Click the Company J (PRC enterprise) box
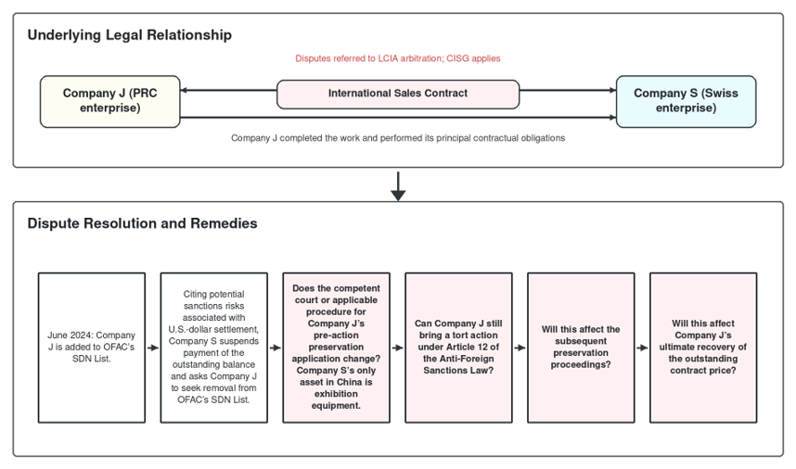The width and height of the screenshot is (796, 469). pos(110,101)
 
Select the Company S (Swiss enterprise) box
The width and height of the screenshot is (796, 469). pos(686,101)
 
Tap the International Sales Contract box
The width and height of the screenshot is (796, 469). pos(398,94)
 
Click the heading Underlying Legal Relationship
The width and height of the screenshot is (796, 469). pos(130,35)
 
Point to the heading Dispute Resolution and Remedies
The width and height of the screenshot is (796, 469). pos(142,223)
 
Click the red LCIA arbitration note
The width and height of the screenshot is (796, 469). pos(398,58)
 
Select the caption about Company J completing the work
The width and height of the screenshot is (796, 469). pos(398,138)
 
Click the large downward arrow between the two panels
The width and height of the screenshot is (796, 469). pos(398,186)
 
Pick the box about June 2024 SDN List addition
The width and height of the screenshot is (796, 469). pos(91,348)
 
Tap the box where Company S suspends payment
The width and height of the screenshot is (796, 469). pos(213,348)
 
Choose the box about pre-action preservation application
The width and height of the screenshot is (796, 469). pos(336,348)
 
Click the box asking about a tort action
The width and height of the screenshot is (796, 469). pos(458,348)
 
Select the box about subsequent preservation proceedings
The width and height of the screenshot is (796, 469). pos(581,348)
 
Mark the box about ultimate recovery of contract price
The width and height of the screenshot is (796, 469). pos(703,348)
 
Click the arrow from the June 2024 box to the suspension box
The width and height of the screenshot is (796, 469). pos(153,348)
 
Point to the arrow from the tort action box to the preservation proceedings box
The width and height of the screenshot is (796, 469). pos(520,348)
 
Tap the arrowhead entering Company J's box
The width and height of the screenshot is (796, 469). pos(184,90)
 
